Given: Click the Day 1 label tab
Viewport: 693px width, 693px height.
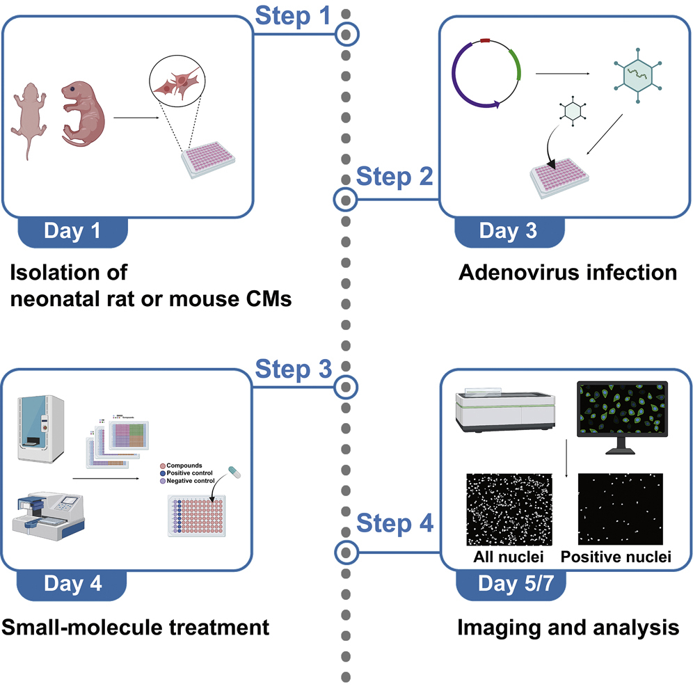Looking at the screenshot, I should (72, 230).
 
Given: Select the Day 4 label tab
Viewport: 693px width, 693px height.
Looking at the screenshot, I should (72, 583).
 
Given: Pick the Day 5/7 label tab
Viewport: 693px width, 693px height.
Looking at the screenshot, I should (510, 583).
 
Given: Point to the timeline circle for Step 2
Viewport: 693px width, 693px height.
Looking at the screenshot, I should (345, 200).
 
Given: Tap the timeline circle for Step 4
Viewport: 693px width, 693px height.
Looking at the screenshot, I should (345, 552).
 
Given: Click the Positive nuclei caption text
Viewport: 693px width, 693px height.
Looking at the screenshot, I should (616, 557).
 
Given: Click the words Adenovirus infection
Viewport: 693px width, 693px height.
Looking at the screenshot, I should (568, 272).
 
